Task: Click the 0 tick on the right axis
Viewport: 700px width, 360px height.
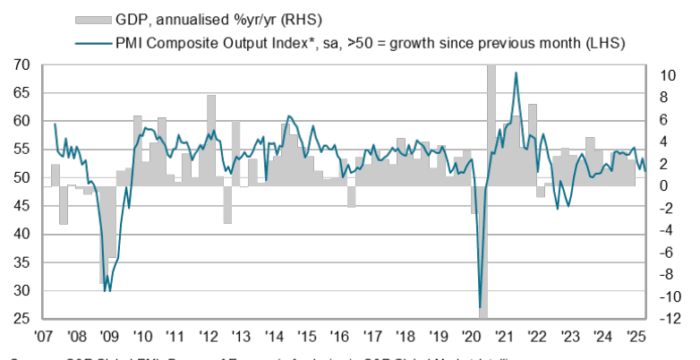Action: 660,186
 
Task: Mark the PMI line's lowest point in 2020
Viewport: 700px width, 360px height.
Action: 481,307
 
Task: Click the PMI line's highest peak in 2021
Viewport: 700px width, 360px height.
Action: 516,73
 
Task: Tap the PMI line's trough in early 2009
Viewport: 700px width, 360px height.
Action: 107,290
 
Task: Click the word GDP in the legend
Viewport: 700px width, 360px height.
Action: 132,19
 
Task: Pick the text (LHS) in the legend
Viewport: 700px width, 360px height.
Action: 602,42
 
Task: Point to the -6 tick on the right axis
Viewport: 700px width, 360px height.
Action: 661,253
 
